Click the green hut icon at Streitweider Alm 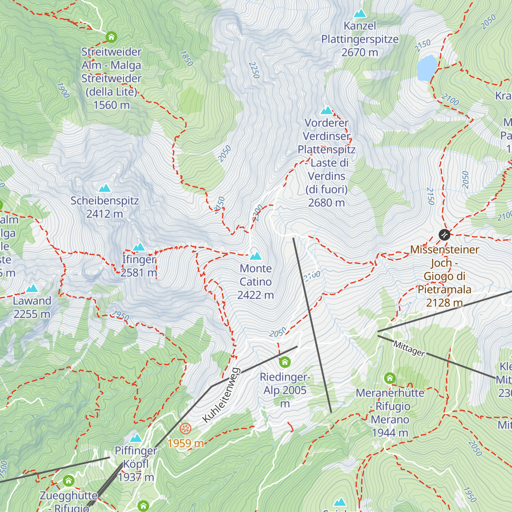point(111,37)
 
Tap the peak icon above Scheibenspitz point(105,188)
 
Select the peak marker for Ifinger point(139,247)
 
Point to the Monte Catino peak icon point(256,256)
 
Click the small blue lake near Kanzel point(427,68)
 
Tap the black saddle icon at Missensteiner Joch point(444,235)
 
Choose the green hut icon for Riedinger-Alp point(285,363)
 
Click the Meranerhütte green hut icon point(390,378)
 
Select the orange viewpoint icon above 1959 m point(186,429)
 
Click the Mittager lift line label point(409,349)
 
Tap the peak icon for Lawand point(32,289)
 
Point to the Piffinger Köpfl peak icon point(136,438)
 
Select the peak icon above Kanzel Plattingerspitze point(360,14)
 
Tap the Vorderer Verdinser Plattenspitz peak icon point(326,111)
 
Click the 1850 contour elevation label point(186,58)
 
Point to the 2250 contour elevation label point(254,70)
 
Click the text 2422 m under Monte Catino point(256,295)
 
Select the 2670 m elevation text point(360,52)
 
